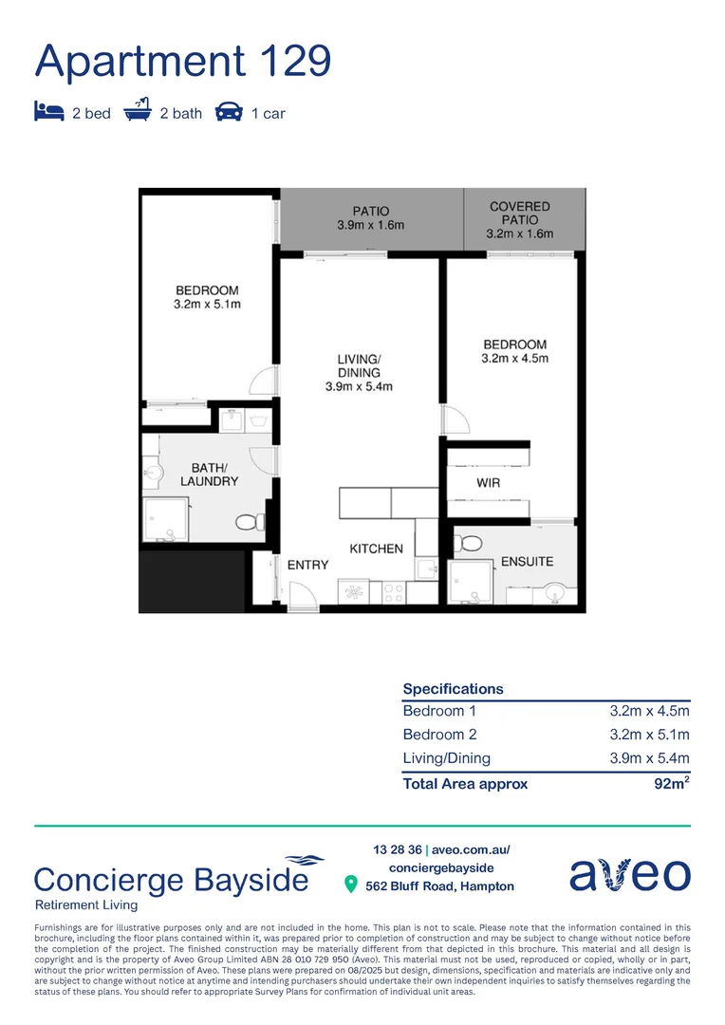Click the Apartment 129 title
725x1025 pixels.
[x=183, y=60]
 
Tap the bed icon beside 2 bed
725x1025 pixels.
[x=48, y=113]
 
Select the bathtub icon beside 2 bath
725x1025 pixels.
[x=138, y=112]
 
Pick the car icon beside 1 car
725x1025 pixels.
[x=229, y=113]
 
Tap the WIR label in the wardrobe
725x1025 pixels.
[x=488, y=483]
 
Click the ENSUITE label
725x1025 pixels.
[x=527, y=561]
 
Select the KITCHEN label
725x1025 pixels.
[x=376, y=549]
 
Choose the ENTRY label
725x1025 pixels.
[x=307, y=565]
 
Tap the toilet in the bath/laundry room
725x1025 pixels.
[x=249, y=521]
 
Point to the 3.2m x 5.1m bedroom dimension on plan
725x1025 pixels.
[x=206, y=305]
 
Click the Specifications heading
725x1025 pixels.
[x=453, y=689]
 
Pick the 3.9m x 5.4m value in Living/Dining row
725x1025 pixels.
[x=649, y=758]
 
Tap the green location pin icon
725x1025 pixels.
[x=350, y=885]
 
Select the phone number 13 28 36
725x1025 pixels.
[x=398, y=849]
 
